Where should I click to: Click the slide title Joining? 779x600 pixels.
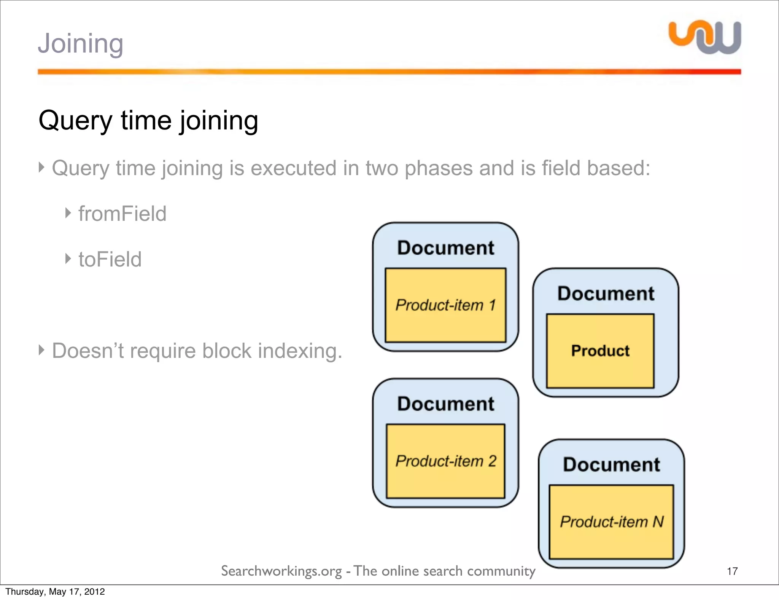[x=80, y=44]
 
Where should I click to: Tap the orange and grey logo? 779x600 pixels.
[x=705, y=37]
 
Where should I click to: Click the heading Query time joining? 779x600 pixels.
[x=148, y=121]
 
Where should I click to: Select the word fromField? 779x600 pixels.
[x=122, y=214]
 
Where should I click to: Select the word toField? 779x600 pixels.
[x=110, y=260]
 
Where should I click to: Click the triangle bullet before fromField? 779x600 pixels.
[x=68, y=213]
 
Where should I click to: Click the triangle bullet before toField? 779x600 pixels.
[x=68, y=259]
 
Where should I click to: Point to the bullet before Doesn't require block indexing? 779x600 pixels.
[x=42, y=350]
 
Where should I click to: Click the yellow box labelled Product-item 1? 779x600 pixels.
[x=445, y=305]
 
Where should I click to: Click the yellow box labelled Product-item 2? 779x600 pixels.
[x=445, y=461]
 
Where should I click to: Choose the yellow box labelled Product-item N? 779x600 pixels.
[x=611, y=522]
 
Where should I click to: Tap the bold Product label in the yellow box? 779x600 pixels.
[x=600, y=351]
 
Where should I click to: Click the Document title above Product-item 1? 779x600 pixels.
[x=445, y=248]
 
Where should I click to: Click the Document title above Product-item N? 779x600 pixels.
[x=611, y=464]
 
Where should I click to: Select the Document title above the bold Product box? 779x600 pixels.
[x=606, y=294]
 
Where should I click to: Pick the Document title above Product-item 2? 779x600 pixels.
[x=445, y=404]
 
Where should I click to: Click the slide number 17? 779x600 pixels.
[x=732, y=571]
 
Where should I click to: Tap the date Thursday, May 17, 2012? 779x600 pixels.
[x=55, y=592]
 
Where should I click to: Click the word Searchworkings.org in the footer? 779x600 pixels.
[x=281, y=571]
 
